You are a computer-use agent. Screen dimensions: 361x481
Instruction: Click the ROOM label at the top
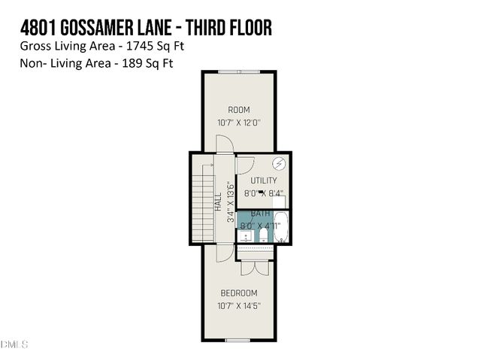point(239,110)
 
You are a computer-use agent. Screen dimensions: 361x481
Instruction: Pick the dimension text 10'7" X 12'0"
point(239,123)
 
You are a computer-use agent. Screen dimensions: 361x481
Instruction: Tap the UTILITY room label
point(264,180)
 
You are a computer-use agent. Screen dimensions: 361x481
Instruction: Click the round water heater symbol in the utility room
point(278,164)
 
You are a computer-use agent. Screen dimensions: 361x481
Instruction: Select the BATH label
point(261,214)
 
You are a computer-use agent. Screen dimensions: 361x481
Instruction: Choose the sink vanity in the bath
point(246,236)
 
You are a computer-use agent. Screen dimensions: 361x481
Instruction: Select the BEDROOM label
point(239,293)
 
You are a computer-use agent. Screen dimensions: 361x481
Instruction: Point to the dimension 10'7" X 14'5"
point(239,305)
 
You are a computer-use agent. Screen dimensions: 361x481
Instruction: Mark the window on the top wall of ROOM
point(239,71)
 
